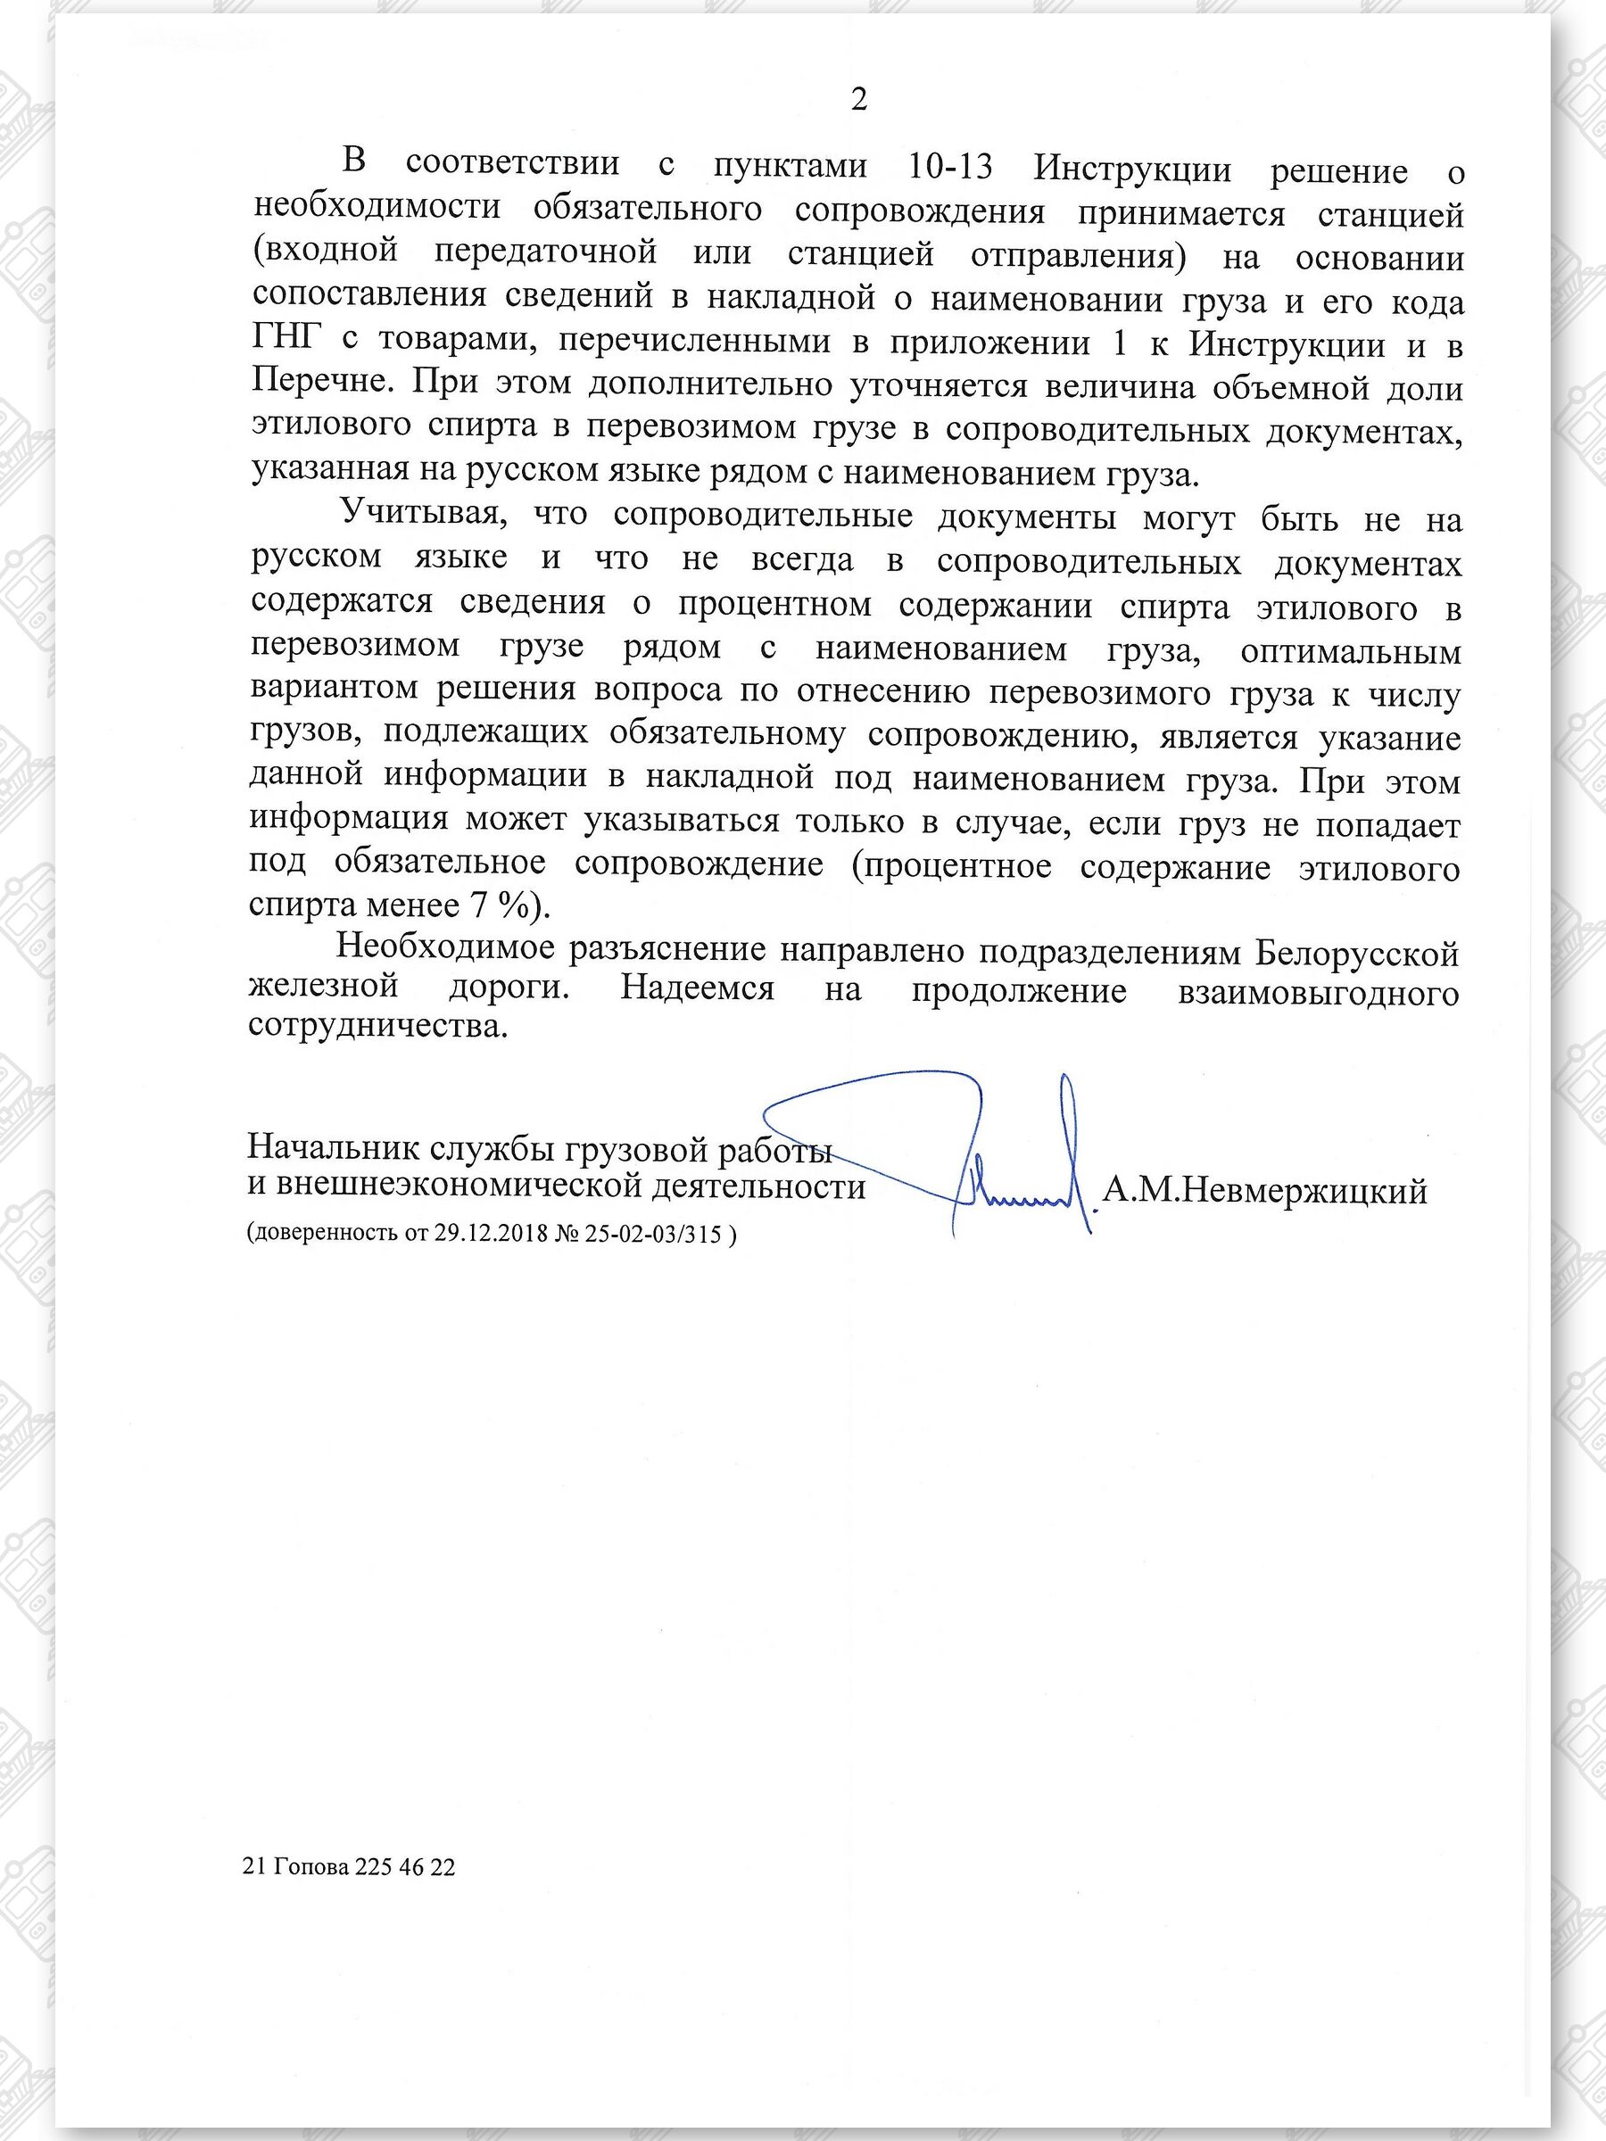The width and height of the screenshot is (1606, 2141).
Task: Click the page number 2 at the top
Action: (857, 100)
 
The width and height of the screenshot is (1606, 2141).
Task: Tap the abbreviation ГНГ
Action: (284, 343)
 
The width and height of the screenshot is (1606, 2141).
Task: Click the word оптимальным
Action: (1349, 651)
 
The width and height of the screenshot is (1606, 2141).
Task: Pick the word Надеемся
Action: (696, 990)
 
